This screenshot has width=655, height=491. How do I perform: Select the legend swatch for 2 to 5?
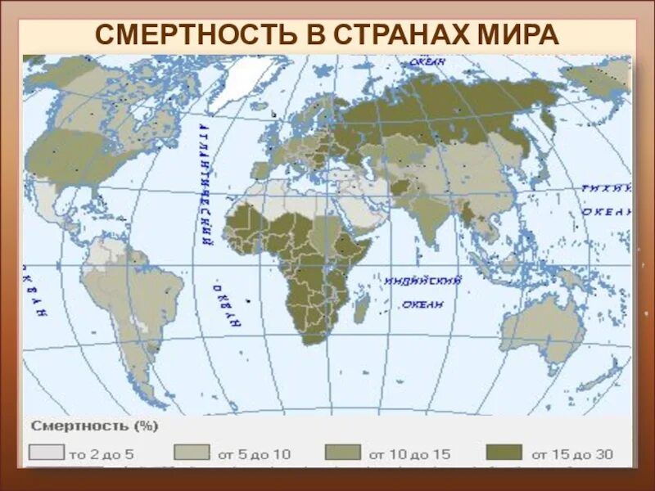coord(45,453)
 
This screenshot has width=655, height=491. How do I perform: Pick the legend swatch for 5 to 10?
coord(192,453)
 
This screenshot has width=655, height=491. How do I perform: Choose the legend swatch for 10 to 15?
coord(341,453)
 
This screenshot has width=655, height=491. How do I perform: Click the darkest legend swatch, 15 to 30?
coord(503,453)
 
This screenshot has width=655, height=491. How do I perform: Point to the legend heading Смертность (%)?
coord(94,426)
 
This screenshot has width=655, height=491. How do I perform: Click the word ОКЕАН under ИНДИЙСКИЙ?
coord(422,304)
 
